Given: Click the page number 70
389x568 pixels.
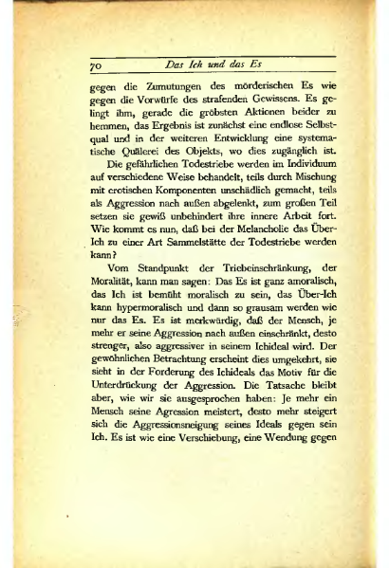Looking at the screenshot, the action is pos(95,66).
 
